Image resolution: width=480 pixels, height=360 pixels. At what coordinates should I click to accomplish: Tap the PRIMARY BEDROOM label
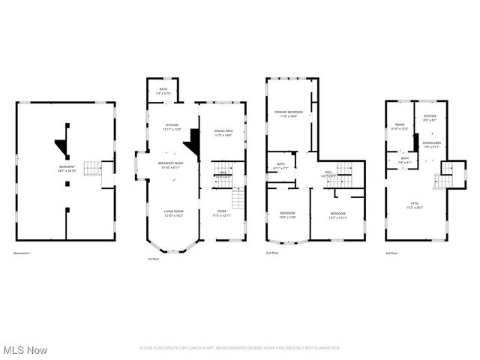pos(289,114)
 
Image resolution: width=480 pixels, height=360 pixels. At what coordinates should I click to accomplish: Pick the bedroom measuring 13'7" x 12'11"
pos(338,216)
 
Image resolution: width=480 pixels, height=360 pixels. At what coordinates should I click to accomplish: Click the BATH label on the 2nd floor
pos(280,166)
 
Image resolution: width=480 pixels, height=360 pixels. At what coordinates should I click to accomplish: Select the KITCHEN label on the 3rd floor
pos(430,117)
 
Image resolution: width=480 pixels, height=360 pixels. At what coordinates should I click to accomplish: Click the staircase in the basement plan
pos(91,168)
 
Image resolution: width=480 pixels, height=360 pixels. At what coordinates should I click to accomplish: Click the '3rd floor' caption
pos(391,253)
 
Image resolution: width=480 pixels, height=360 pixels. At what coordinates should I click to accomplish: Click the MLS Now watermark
pos(25,350)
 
